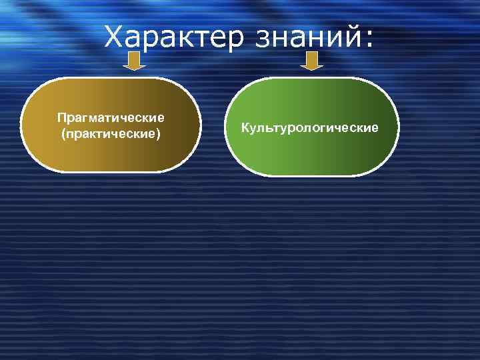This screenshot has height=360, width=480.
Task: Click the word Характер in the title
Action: pos(175,37)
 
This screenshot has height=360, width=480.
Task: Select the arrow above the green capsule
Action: pos(311,62)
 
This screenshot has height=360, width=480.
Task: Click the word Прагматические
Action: pos(111,118)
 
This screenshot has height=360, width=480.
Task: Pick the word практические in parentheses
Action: pos(111,134)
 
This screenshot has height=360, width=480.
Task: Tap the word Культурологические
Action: pos(310,127)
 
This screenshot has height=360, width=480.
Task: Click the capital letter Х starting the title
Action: pos(115,37)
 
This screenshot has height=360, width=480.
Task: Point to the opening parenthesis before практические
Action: pos(63,134)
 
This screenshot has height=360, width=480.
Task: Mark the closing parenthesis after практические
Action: pos(159,134)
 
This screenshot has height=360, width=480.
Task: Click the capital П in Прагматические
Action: pos(61,118)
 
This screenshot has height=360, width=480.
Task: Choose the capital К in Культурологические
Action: pos(245,127)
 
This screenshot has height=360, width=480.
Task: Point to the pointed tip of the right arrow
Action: pos(311,68)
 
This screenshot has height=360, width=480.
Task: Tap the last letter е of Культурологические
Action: pos(375,127)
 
